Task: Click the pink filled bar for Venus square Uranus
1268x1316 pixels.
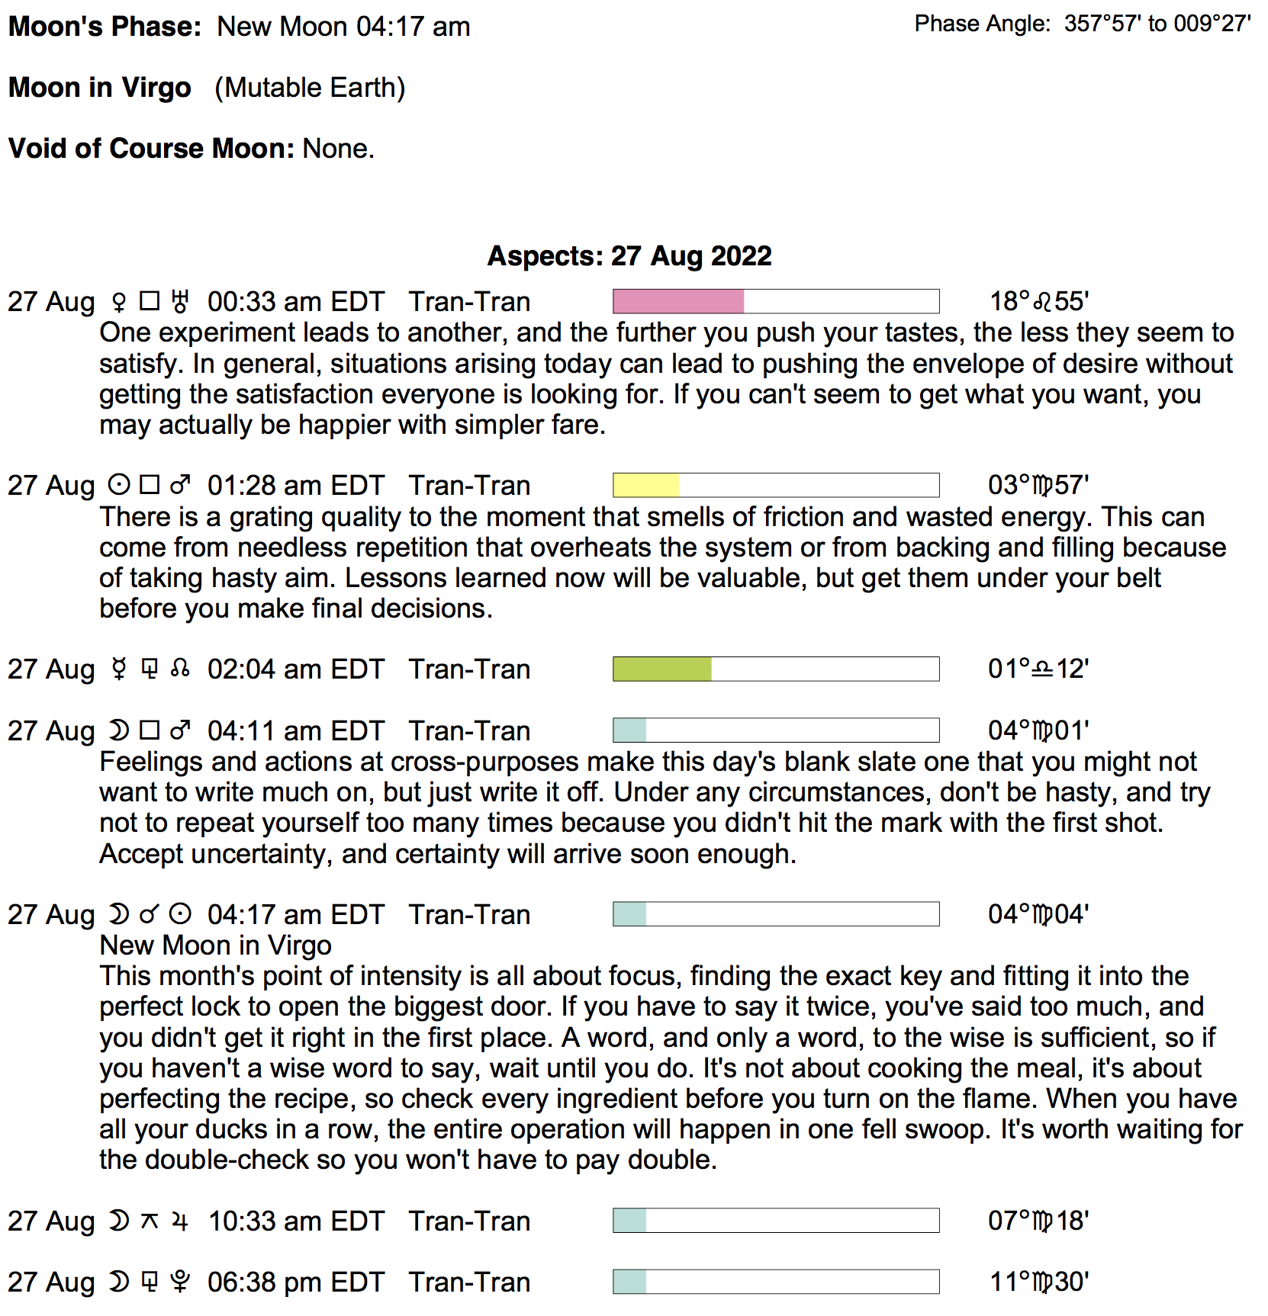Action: (678, 301)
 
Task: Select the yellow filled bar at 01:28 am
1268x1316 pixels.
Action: (645, 485)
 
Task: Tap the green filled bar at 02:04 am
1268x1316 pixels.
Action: (662, 669)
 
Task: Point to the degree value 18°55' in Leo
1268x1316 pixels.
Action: (1038, 301)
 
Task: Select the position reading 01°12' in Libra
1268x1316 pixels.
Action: (1038, 669)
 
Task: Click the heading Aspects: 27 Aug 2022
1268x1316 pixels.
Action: (629, 255)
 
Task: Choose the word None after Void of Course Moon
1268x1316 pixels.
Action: (338, 148)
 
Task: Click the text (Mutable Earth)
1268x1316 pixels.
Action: (310, 88)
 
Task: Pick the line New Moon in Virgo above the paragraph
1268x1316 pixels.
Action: (215, 945)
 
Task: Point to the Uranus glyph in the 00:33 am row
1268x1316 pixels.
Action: (180, 302)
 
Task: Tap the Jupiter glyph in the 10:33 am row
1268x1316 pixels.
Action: (180, 1221)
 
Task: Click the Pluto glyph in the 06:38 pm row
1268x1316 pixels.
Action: (180, 1282)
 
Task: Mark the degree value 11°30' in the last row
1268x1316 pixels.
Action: (1038, 1282)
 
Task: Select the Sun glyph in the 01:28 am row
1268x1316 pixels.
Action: (118, 485)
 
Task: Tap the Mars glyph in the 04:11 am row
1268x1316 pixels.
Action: (180, 730)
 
